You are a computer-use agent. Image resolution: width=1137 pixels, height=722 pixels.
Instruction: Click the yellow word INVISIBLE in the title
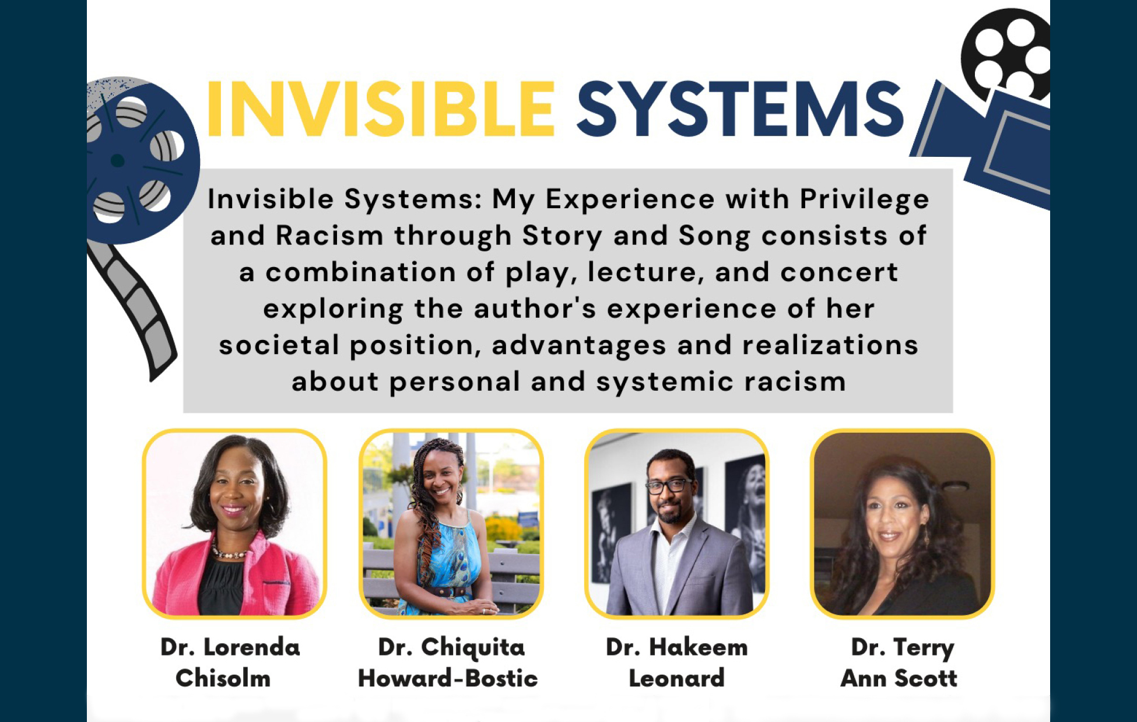point(381,109)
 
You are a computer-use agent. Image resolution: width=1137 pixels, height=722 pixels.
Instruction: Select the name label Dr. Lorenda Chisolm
point(230,663)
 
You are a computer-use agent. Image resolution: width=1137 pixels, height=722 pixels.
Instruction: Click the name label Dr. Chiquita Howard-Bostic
point(448,663)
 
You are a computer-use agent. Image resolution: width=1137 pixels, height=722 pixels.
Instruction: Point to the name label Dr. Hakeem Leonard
point(676,663)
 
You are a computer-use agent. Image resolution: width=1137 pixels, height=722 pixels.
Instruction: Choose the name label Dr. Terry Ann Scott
point(900,663)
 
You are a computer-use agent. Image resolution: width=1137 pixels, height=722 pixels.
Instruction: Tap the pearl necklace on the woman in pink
point(230,551)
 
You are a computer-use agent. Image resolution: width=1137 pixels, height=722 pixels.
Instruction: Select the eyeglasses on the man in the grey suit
point(669,485)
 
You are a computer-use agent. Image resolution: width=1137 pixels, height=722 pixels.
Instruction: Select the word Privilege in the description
point(864,199)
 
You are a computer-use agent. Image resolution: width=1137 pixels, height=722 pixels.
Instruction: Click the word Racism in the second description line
point(329,236)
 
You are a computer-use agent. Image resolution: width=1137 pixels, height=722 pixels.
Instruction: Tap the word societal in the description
point(279,345)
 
